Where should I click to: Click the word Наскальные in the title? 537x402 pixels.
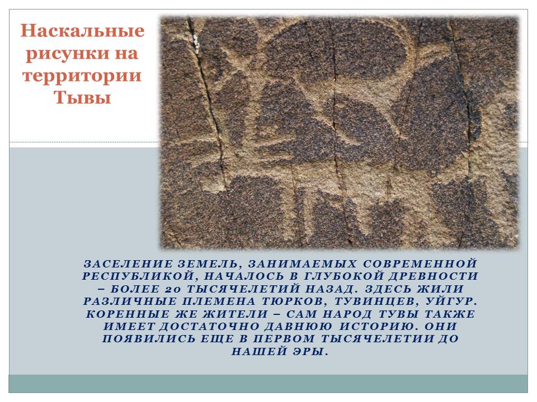tap(82, 31)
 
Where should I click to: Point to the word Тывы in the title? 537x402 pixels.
tap(82, 98)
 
